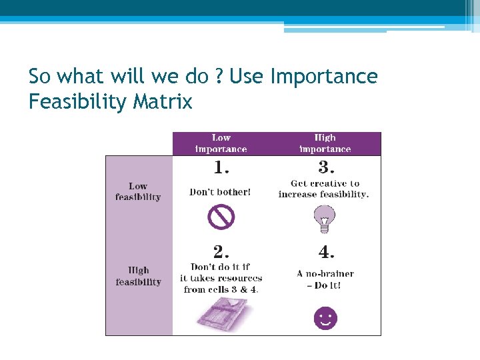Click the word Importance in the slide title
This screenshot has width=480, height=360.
(x=324, y=77)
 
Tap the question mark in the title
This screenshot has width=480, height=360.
(x=219, y=77)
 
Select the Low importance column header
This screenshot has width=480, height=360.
(x=221, y=143)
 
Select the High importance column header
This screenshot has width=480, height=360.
(x=325, y=143)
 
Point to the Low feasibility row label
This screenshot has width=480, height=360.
(x=138, y=191)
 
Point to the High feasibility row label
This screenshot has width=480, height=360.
(x=138, y=277)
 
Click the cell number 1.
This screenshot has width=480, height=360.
(x=221, y=166)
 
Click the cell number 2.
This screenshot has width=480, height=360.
(x=221, y=251)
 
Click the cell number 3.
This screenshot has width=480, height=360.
(x=325, y=166)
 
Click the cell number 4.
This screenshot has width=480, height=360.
(x=325, y=252)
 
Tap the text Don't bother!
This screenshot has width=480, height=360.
(x=221, y=192)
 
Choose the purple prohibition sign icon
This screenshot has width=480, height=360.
(x=221, y=217)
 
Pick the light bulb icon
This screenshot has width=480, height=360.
(x=325, y=218)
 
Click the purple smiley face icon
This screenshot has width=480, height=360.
(x=325, y=317)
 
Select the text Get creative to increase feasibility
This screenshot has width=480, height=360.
(x=324, y=189)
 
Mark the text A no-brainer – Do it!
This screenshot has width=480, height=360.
(x=325, y=279)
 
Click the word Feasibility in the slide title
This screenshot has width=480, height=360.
(x=80, y=102)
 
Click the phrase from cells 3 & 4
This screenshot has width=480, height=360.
(x=221, y=289)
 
